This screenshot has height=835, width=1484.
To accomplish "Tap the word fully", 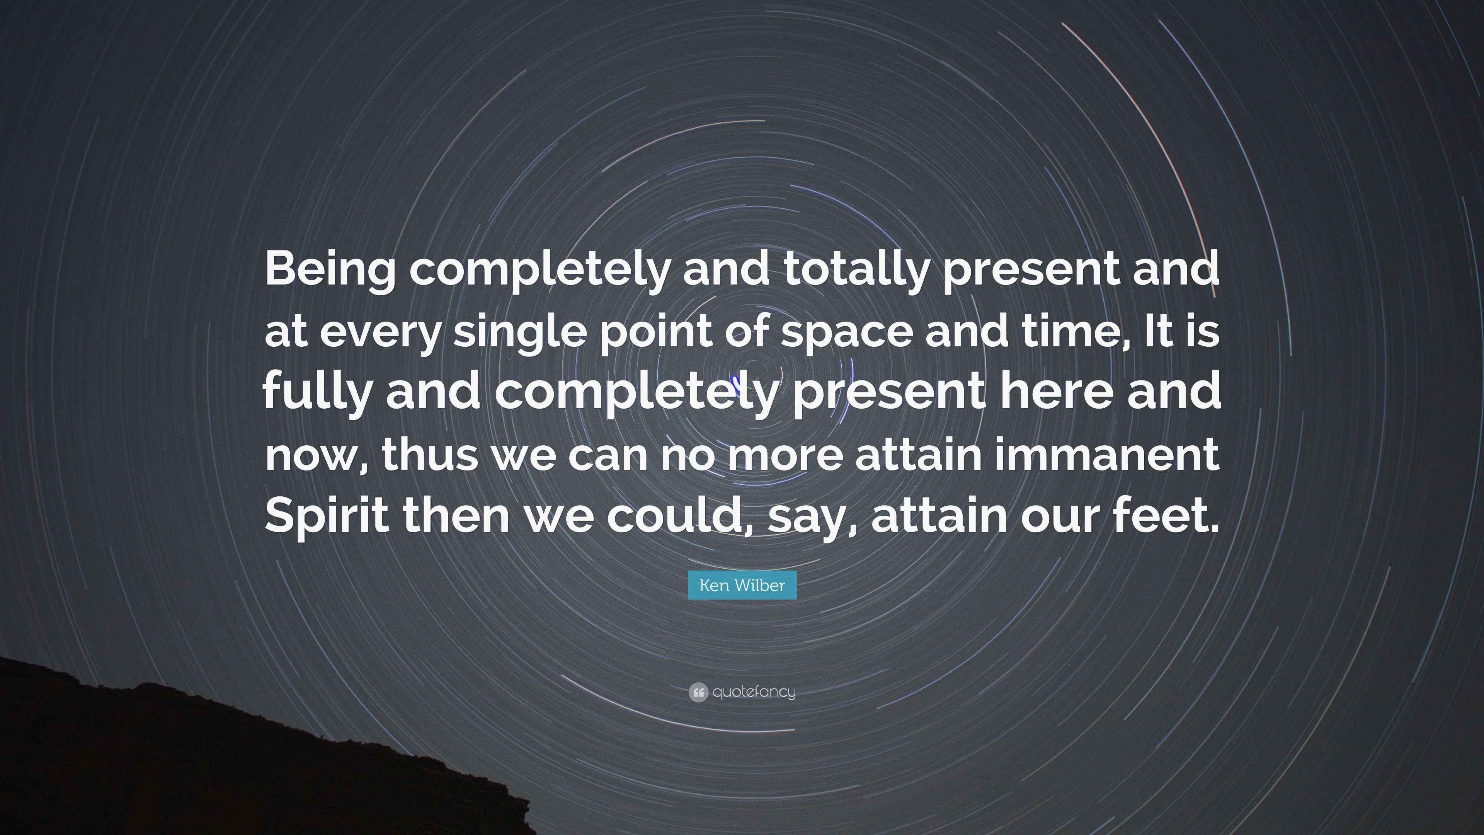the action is click(x=317, y=392).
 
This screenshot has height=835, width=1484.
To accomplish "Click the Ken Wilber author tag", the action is click(x=742, y=586).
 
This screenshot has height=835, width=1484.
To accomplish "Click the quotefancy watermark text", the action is click(x=754, y=692).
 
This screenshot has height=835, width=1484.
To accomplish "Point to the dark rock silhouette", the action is click(x=230, y=767).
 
